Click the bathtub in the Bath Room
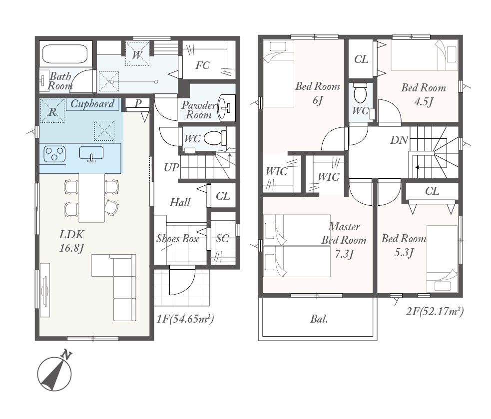pyautogui.click(x=64, y=54)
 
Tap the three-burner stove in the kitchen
pyautogui.click(x=54, y=154)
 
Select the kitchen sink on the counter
pyautogui.click(x=91, y=154)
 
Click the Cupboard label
pyautogui.click(x=92, y=104)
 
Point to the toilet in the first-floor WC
pyautogui.click(x=215, y=137)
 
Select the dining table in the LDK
pyautogui.click(x=91, y=198)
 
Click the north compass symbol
pyautogui.click(x=55, y=372)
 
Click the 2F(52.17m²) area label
pyautogui.click(x=435, y=311)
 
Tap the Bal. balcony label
pyautogui.click(x=319, y=319)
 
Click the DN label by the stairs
pyautogui.click(x=399, y=140)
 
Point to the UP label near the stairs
pyautogui.click(x=171, y=167)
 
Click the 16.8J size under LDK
pyautogui.click(x=72, y=248)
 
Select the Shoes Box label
pyautogui.click(x=177, y=239)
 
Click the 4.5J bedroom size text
pyautogui.click(x=424, y=102)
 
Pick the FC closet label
pyautogui.click(x=202, y=65)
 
